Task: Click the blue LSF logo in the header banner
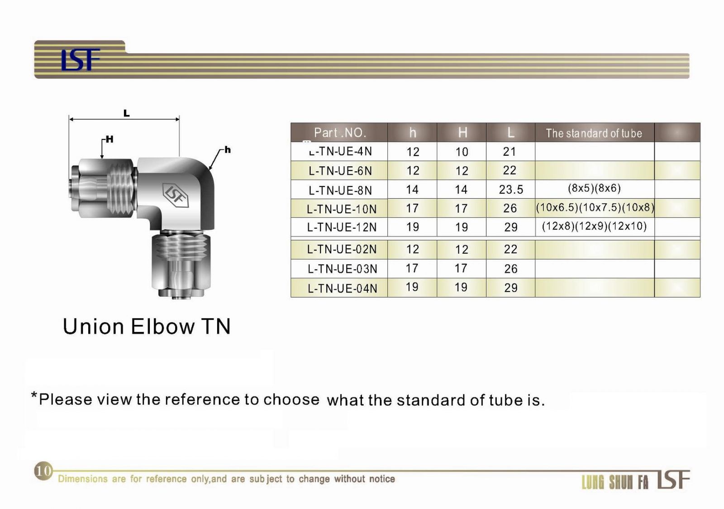point(81,59)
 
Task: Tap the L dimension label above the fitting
point(126,113)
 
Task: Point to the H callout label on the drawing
point(110,139)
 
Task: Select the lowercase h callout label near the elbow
point(228,149)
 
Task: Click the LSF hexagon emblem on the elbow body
point(175,195)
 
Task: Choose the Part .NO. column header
point(340,133)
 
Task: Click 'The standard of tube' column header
point(594,133)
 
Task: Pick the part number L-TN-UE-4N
point(340,151)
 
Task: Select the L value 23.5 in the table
point(511,189)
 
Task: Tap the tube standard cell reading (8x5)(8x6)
point(594,188)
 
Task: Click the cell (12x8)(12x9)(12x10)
point(594,226)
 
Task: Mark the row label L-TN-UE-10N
point(342,209)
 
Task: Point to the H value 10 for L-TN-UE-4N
point(462,152)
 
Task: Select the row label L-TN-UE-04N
point(342,288)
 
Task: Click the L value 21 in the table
point(510,151)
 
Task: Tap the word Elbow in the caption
point(162,327)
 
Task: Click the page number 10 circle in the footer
point(43,471)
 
